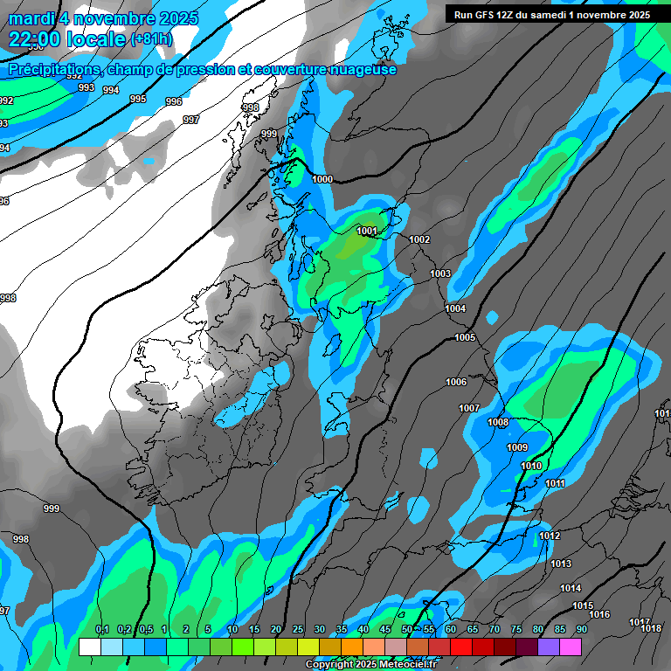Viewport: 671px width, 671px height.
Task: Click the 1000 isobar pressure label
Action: point(322,179)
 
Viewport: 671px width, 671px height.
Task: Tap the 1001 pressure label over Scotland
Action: point(367,232)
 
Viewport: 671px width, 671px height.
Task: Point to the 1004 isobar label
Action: point(455,309)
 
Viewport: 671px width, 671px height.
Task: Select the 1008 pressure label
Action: point(498,423)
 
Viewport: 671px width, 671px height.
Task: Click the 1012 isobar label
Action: point(550,536)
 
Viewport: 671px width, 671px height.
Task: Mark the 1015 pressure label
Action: point(583,606)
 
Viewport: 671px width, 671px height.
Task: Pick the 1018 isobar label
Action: point(651,628)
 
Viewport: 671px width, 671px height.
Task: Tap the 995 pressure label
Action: point(138,99)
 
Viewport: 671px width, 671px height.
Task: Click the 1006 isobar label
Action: point(456,382)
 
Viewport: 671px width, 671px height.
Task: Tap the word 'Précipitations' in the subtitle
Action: point(52,69)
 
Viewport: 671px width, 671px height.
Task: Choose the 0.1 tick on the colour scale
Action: point(102,630)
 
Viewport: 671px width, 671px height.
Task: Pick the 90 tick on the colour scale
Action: point(581,630)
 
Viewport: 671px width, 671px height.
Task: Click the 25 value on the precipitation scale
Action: point(298,630)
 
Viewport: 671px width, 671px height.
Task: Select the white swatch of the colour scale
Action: point(89,647)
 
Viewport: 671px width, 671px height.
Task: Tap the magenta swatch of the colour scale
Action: point(570,647)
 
